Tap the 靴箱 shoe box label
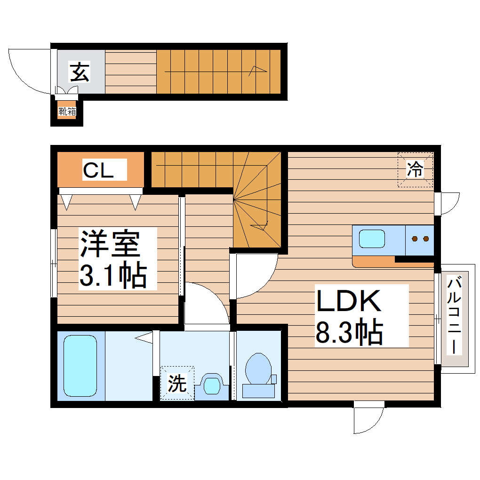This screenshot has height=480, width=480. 67,112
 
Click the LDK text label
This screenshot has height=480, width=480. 348,302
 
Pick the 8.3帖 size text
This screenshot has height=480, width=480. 348,331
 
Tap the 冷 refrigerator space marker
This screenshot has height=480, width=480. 415,169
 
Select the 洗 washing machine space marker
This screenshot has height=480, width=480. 177,384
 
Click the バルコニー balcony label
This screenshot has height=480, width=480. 454,315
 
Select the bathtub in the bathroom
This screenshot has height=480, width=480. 80,365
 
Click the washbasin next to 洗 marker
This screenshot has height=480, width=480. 212,384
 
